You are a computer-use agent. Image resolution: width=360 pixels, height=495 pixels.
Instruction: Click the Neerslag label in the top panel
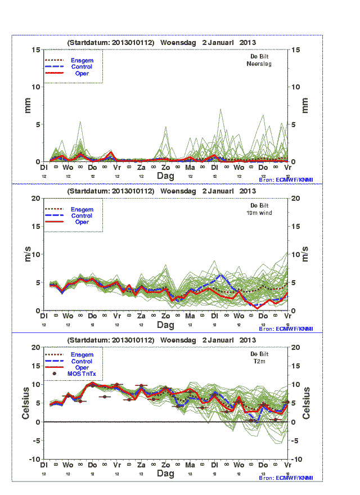click(x=259, y=64)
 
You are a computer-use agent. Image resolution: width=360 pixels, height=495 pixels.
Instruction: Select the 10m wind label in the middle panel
click(x=259, y=213)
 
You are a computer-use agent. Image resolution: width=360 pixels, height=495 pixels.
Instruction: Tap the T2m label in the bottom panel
click(x=259, y=362)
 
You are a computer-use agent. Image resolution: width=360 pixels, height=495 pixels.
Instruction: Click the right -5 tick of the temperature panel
click(x=294, y=440)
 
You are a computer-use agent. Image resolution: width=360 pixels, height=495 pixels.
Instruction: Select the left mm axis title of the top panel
click(x=27, y=105)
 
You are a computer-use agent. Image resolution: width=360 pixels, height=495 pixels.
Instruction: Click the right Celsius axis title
click(x=307, y=403)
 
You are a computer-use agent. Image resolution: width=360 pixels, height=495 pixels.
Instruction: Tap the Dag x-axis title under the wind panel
click(x=165, y=325)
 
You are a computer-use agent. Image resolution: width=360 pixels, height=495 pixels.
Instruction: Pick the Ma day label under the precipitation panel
click(x=190, y=168)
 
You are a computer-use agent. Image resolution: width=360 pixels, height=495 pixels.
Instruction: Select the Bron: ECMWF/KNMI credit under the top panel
click(x=286, y=179)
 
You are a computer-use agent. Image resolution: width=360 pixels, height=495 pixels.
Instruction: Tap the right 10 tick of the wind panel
click(x=294, y=254)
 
